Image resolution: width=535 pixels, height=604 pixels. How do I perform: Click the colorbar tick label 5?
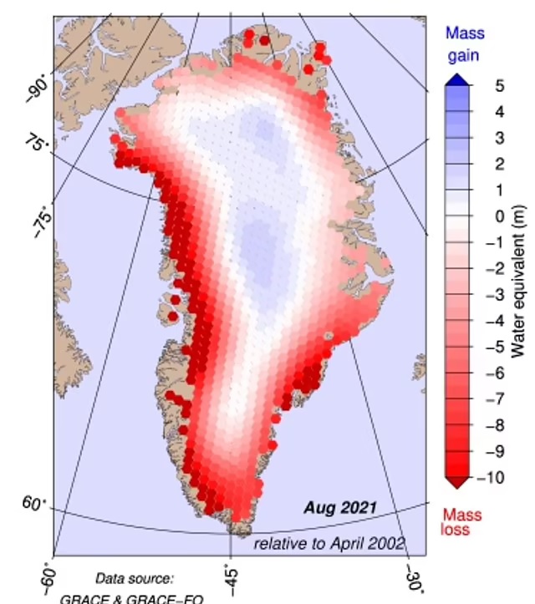pyautogui.click(x=476, y=85)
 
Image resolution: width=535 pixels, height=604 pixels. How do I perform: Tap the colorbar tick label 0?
pyautogui.click(x=476, y=216)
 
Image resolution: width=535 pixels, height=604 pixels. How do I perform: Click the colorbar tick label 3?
pyautogui.click(x=476, y=138)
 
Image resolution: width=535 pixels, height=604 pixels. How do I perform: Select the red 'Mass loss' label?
pyautogui.click(x=461, y=522)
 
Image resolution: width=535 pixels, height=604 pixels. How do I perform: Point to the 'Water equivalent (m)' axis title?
pyautogui.click(x=519, y=281)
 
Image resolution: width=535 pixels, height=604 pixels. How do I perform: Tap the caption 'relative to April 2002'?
pyautogui.click(x=329, y=544)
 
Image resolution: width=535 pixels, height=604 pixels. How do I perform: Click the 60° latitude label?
pyautogui.click(x=34, y=504)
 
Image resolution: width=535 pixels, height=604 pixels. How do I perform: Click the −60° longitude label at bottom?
pyautogui.click(x=50, y=577)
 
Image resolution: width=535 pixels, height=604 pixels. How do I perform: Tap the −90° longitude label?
pyautogui.click(x=38, y=85)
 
